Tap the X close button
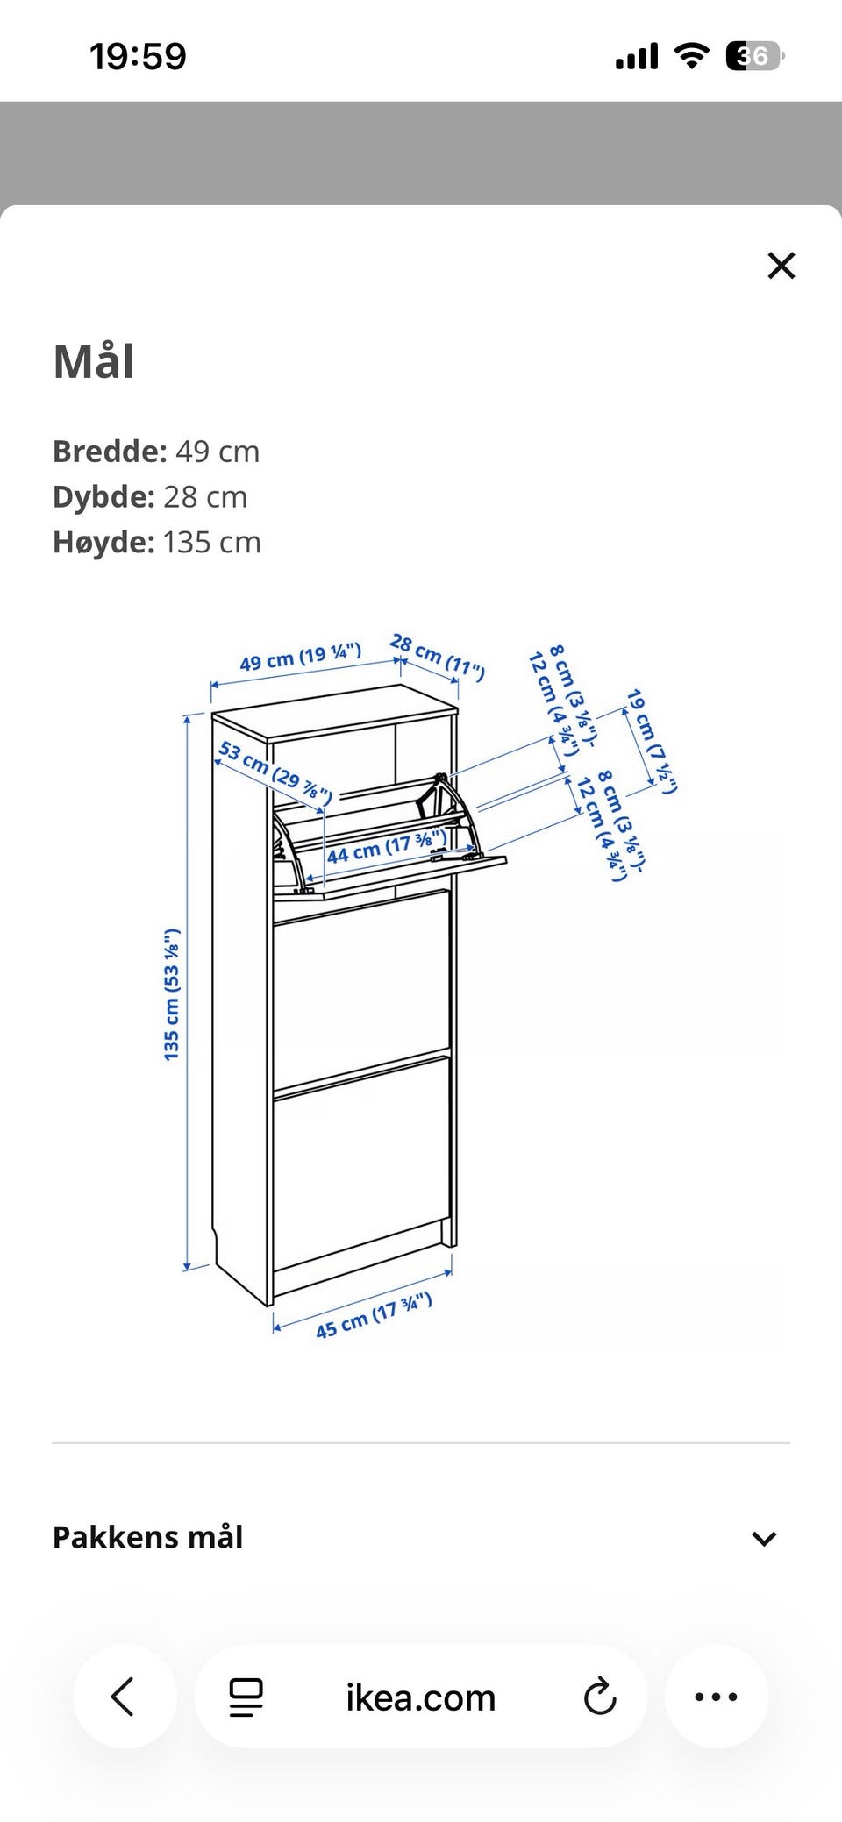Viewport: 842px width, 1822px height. point(781,266)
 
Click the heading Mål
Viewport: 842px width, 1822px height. point(94,360)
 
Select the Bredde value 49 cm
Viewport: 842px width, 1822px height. point(218,452)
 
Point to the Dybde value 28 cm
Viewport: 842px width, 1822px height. point(205,497)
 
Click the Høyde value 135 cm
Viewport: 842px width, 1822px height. point(211,543)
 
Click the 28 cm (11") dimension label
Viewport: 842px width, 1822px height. point(437,658)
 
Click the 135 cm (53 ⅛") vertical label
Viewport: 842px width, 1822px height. point(172,994)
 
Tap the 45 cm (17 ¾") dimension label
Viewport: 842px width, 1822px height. point(374,1316)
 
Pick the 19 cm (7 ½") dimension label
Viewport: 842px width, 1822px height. point(652,741)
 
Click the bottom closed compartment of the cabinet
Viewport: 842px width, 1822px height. point(361,1162)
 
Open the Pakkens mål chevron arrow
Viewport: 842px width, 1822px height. point(764,1538)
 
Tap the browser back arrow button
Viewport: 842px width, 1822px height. point(124,1697)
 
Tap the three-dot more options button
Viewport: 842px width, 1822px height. point(716,1697)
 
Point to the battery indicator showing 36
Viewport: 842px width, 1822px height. point(754,57)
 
